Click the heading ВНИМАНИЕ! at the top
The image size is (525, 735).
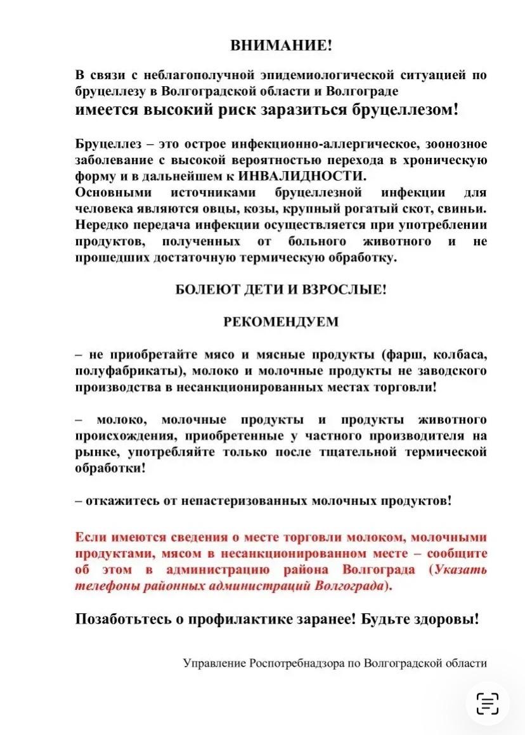[281, 45]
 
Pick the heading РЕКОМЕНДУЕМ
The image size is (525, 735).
[281, 321]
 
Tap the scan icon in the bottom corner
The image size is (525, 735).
[488, 703]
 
